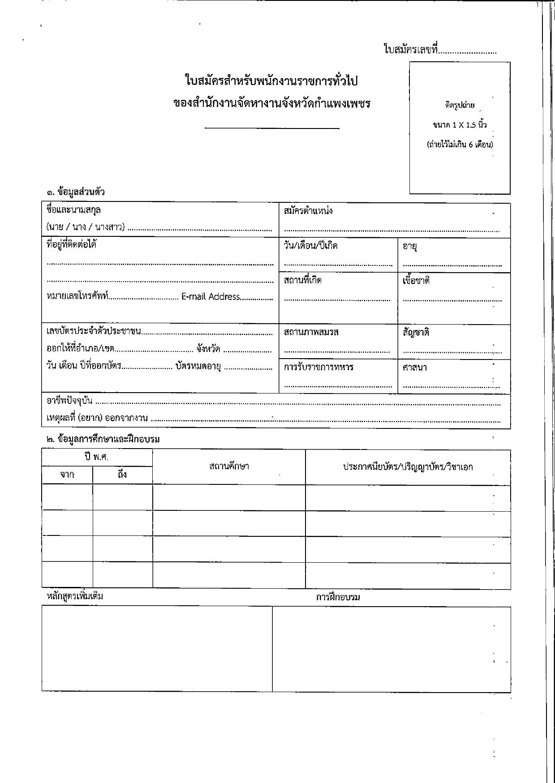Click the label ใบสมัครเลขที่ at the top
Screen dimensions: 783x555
(410, 49)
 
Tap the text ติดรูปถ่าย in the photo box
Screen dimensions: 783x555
(460, 106)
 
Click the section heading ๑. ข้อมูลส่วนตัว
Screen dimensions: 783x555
(75, 192)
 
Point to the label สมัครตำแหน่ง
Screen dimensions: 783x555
(308, 211)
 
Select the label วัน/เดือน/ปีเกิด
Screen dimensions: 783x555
(310, 246)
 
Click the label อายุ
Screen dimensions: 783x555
(410, 246)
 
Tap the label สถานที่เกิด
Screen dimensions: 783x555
(302, 281)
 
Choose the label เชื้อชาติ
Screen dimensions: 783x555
(416, 281)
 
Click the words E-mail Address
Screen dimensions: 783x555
(211, 296)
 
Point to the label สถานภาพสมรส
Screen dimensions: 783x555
(311, 332)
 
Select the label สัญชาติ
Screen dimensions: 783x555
(416, 333)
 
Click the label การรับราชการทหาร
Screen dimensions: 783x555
(318, 367)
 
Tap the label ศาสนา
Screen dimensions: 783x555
(414, 368)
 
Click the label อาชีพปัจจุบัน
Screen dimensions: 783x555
(69, 400)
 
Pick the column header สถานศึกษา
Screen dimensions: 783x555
(229, 466)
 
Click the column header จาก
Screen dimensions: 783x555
(67, 475)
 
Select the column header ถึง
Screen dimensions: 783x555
(122, 475)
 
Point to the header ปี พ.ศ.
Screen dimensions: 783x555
(97, 457)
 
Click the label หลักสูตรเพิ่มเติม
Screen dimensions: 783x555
(75, 596)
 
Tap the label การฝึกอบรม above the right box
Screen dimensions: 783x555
(338, 597)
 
